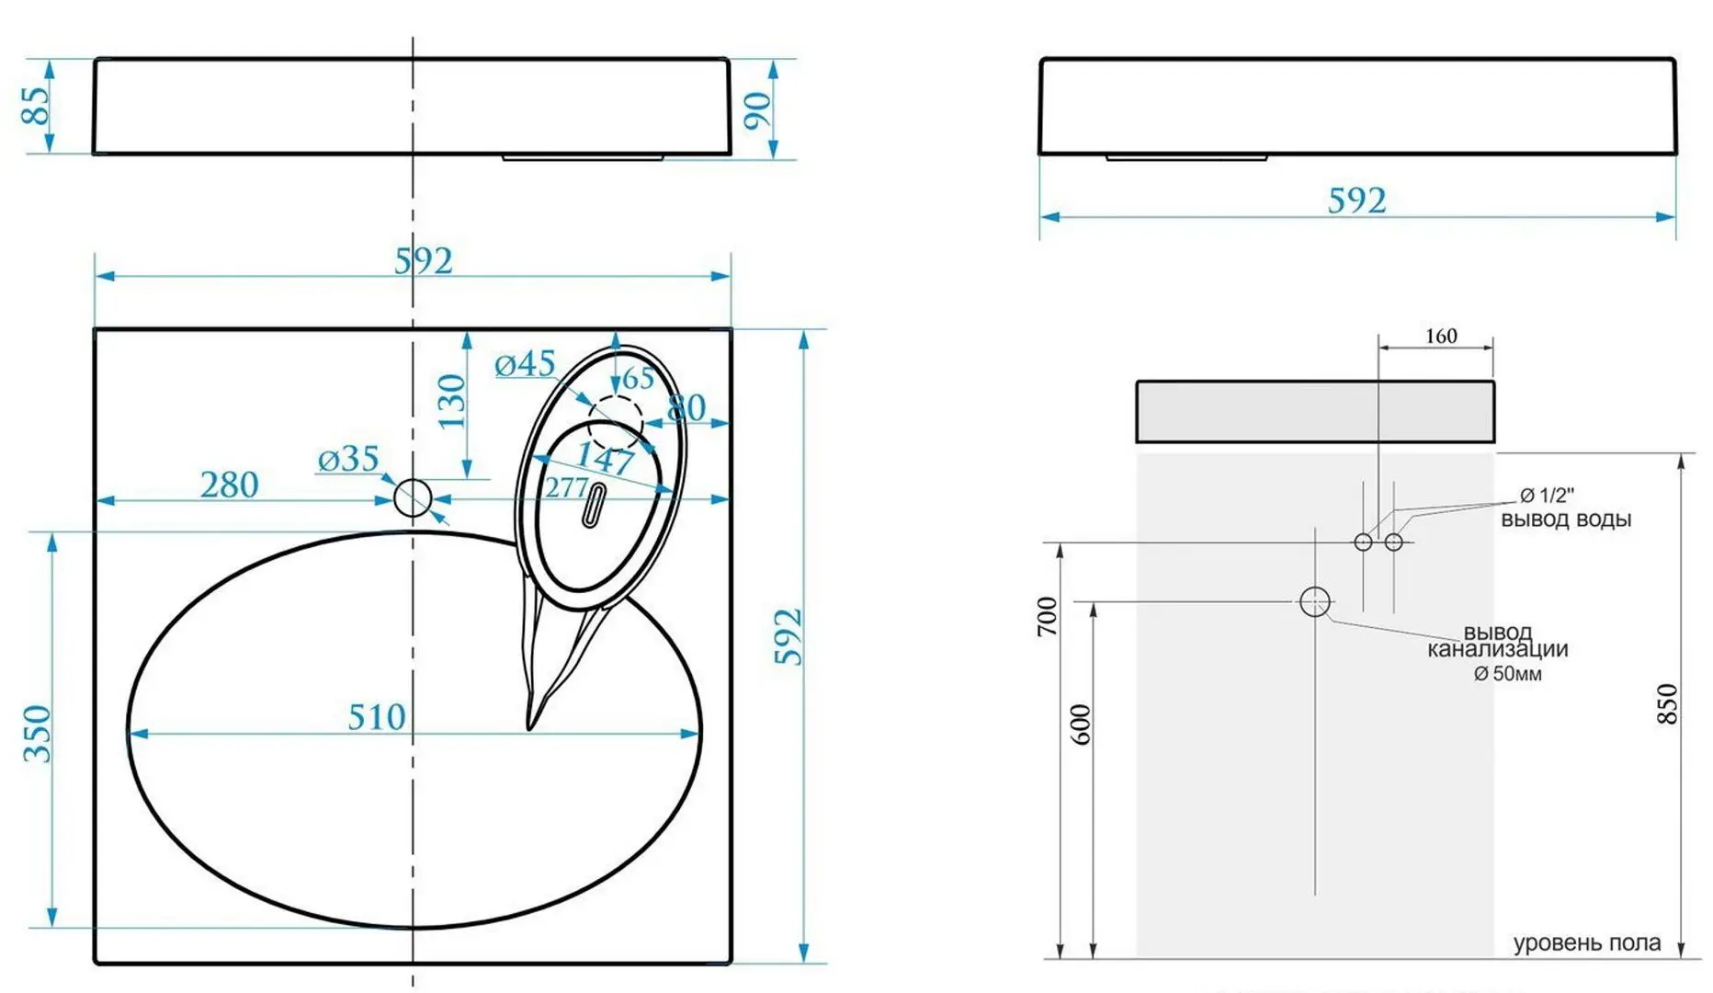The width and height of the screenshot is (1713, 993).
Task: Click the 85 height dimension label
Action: pyautogui.click(x=35, y=106)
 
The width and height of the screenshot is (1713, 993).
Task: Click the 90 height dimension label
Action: pyautogui.click(x=757, y=111)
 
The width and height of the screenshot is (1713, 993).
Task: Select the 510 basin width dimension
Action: pyautogui.click(x=377, y=716)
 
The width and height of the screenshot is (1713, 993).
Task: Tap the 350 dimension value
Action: pyautogui.click(x=37, y=734)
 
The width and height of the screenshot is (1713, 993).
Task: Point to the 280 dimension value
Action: pyautogui.click(x=230, y=485)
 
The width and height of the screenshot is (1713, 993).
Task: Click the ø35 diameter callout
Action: pyautogui.click(x=348, y=459)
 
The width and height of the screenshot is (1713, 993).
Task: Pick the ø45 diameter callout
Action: pyautogui.click(x=525, y=364)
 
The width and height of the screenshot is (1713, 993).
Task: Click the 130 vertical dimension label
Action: pyautogui.click(x=451, y=401)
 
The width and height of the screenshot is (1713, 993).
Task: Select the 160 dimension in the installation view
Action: pyautogui.click(x=1441, y=336)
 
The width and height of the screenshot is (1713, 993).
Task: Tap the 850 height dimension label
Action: pyautogui.click(x=1667, y=704)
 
